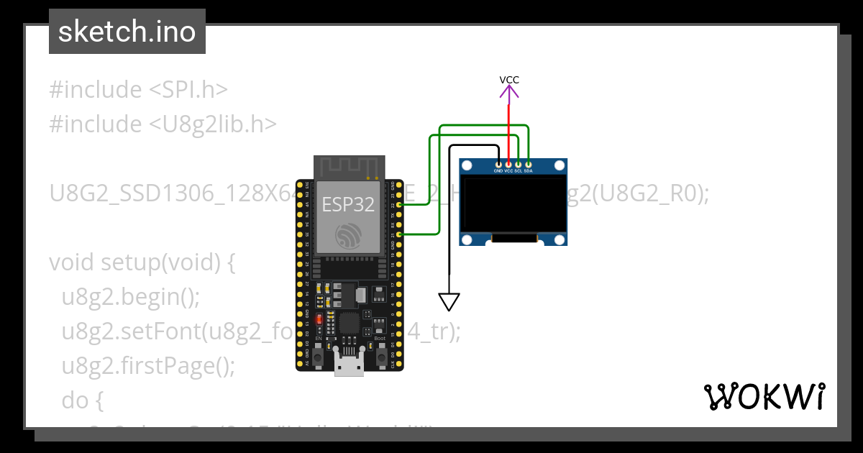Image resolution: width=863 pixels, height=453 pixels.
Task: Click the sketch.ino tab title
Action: coord(127,32)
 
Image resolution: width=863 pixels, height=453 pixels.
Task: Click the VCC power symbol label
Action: coord(509,80)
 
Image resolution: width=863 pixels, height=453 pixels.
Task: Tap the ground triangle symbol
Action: coord(449,301)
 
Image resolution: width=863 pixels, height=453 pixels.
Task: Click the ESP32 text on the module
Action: coord(348,204)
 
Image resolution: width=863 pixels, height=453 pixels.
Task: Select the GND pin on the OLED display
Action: coord(498,164)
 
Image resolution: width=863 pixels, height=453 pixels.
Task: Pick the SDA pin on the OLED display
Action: coord(529,164)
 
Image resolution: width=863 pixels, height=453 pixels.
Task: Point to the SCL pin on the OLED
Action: coord(519,164)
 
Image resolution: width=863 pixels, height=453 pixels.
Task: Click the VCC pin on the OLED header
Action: coord(508,164)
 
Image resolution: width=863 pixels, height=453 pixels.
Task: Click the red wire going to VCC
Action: coord(509,129)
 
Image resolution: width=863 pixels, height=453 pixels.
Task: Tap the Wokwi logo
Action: coord(764,396)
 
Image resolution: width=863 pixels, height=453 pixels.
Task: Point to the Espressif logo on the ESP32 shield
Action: coord(348,235)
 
